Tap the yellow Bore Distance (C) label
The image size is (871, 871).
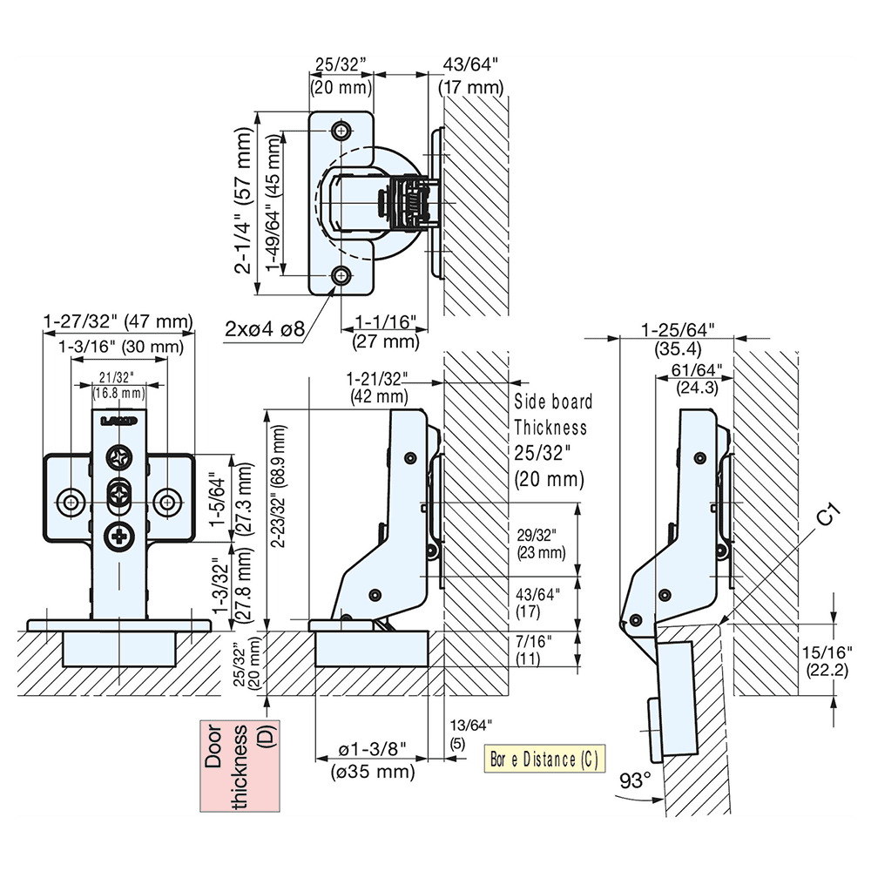point(543,760)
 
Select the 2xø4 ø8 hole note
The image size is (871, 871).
point(264,328)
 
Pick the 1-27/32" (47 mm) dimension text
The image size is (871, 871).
point(118,322)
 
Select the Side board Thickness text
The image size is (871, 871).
point(552,415)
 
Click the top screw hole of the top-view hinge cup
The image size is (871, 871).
point(341,130)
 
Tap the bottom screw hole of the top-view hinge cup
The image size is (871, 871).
point(341,277)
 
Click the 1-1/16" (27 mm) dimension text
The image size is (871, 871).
point(385,331)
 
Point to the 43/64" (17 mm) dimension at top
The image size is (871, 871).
point(470,75)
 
